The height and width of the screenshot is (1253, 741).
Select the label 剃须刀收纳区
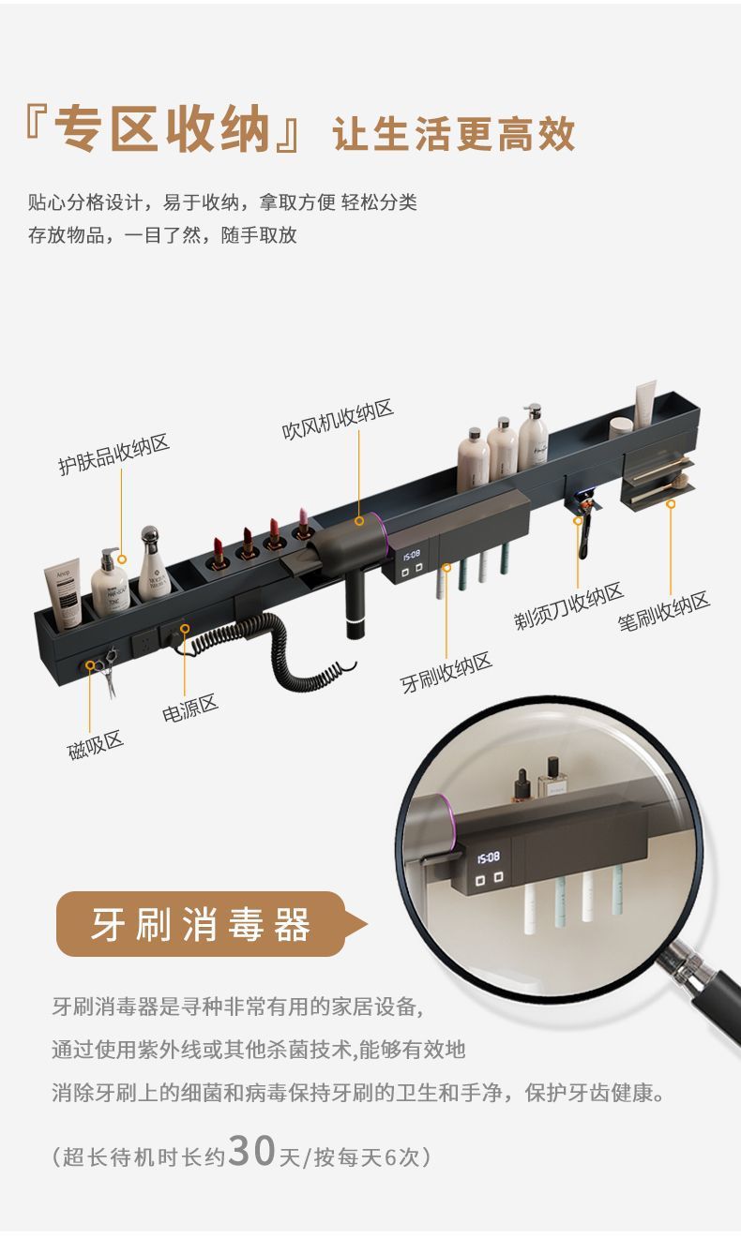click(568, 607)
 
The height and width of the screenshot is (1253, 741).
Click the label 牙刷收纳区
click(446, 673)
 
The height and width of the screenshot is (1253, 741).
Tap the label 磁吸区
click(96, 745)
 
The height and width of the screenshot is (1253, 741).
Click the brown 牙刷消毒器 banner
click(201, 926)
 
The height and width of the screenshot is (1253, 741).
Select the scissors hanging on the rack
click(108, 672)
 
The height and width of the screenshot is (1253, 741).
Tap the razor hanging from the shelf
click(585, 530)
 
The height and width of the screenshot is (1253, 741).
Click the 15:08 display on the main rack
click(413, 556)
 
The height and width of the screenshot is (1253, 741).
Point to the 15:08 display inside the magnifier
click(488, 857)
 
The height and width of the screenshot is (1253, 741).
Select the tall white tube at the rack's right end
click(645, 403)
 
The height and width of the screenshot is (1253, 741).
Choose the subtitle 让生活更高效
click(454, 135)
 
